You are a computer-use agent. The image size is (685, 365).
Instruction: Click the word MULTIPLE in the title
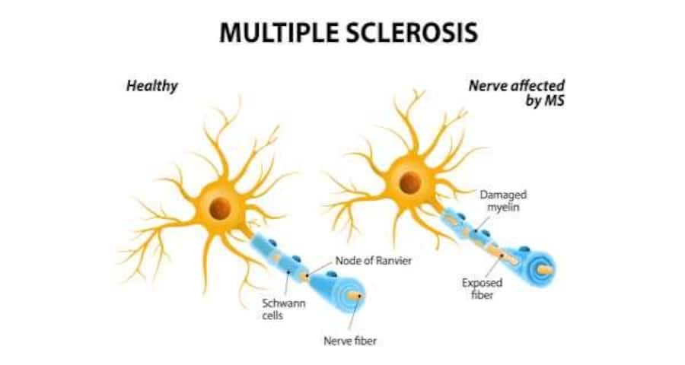point(280,32)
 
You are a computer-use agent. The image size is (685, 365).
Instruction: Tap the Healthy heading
point(152,86)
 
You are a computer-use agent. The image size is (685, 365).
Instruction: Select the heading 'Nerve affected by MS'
point(517,93)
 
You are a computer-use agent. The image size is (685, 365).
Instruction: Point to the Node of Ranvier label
point(374,261)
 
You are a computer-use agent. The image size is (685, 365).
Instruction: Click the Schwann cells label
point(284,309)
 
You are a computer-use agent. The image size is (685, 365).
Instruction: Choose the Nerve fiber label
point(350,341)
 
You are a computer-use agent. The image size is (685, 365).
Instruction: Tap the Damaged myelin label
point(503,201)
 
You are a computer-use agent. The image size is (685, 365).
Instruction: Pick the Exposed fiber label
point(483,289)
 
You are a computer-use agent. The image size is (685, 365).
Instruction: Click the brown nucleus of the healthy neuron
point(220,208)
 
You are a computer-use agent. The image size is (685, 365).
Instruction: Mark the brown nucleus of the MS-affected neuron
point(410,182)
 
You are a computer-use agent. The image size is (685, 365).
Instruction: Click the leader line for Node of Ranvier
point(320,269)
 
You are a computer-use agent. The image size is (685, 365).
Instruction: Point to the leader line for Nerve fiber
point(355,313)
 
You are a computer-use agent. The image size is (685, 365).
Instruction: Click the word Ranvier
point(393,261)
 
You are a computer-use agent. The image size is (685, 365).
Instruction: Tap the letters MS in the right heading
point(554,101)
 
